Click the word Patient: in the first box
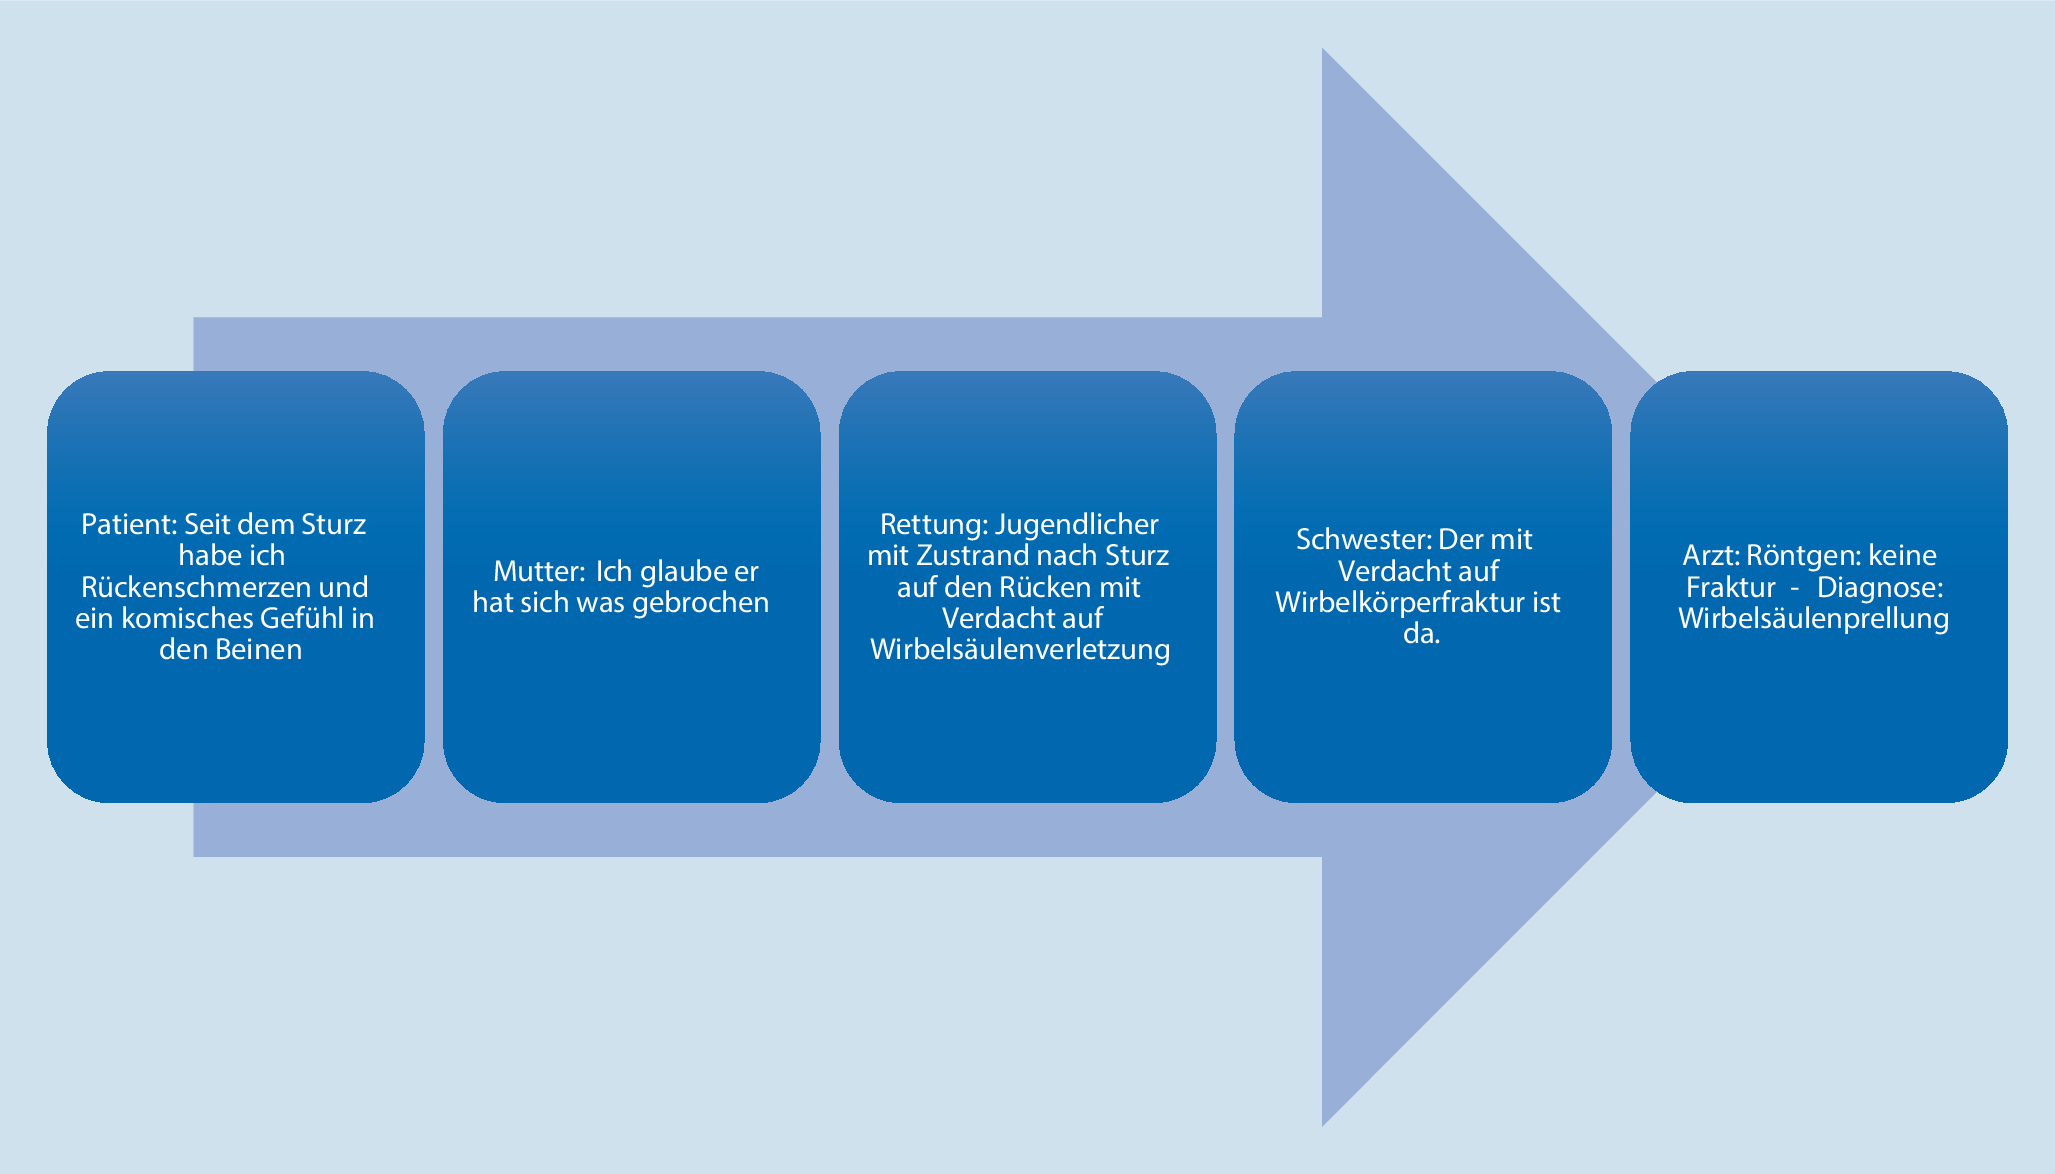point(129,524)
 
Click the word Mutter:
point(539,571)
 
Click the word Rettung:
point(933,525)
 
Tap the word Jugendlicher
point(1076,525)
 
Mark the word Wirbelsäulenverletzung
point(1020,650)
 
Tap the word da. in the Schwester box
point(1421,634)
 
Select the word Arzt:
point(1711,556)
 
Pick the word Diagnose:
point(1880,587)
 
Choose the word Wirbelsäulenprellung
point(1814,619)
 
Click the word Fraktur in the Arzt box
point(1731,587)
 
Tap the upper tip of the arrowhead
point(1322,48)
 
